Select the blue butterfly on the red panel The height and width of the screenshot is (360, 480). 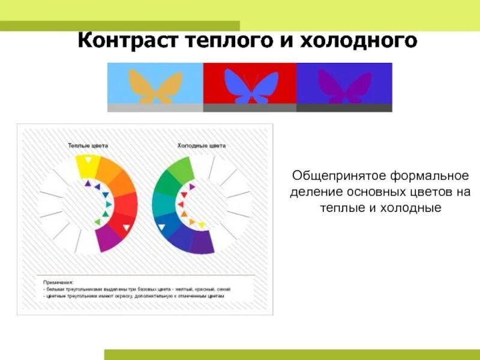(x=250, y=85)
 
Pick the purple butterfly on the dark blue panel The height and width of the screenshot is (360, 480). (x=344, y=85)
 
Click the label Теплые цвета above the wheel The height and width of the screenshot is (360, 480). (x=88, y=146)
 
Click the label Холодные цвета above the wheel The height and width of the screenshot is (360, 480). (x=202, y=146)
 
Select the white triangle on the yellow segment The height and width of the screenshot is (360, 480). (x=88, y=160)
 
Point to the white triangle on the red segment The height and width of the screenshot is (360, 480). (x=127, y=227)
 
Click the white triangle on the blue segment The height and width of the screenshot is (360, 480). (x=161, y=227)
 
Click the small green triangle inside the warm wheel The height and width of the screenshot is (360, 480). (x=97, y=223)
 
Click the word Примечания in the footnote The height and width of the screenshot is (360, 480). (x=58, y=281)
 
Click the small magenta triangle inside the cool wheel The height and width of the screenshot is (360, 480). (x=191, y=187)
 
